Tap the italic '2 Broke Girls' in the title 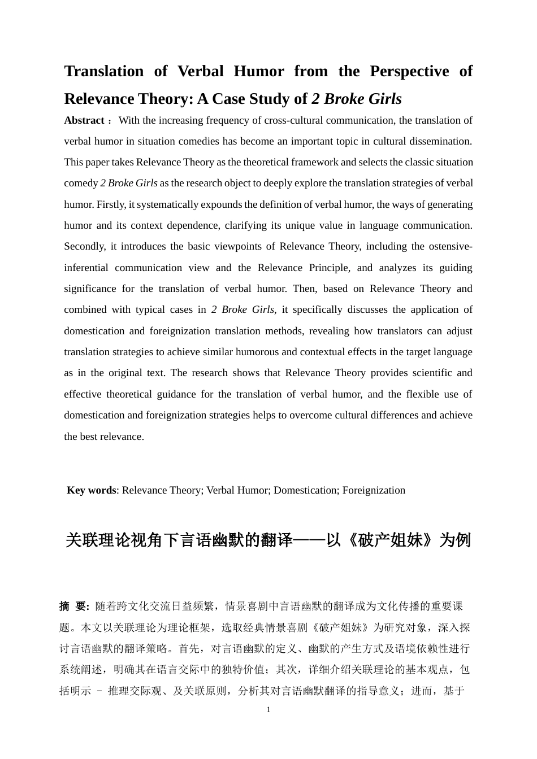pyautogui.click(x=356, y=99)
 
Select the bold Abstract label pyautogui.click(x=84, y=120)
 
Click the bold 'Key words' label pyautogui.click(x=91, y=490)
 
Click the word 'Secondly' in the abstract pyautogui.click(x=84, y=246)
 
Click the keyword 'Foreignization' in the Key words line pyautogui.click(x=374, y=490)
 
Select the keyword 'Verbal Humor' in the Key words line pyautogui.click(x=237, y=490)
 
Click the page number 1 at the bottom pyautogui.click(x=268, y=710)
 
